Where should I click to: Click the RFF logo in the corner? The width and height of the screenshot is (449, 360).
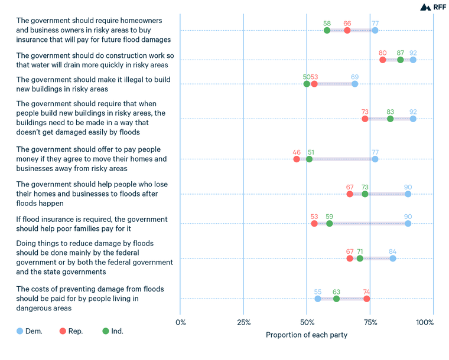click(x=433, y=7)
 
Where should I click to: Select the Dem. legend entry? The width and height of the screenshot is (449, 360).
click(x=29, y=331)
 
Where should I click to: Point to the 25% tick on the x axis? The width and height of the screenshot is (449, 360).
click(x=243, y=322)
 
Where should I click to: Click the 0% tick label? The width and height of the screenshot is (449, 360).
click(x=181, y=322)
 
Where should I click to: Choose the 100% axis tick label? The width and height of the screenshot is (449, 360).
click(x=425, y=322)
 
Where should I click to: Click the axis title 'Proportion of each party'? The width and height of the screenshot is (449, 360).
click(x=307, y=335)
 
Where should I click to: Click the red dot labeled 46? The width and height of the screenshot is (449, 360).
click(x=297, y=159)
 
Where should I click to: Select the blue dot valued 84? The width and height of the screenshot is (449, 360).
click(x=392, y=258)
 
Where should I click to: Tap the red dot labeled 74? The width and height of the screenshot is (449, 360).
click(x=367, y=299)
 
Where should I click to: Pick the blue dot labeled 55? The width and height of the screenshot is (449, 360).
click(x=318, y=299)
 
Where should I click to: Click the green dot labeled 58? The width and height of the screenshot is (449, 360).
click(x=327, y=30)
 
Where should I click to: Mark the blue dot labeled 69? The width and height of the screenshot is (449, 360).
click(x=354, y=84)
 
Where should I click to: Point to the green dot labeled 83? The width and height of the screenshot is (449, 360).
click(x=390, y=119)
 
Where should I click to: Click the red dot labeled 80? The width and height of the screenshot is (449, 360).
click(x=382, y=60)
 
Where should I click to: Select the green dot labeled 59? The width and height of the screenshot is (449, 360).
click(x=329, y=223)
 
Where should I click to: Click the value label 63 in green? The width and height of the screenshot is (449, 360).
click(x=336, y=291)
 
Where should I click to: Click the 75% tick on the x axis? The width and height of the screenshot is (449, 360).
click(x=370, y=322)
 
